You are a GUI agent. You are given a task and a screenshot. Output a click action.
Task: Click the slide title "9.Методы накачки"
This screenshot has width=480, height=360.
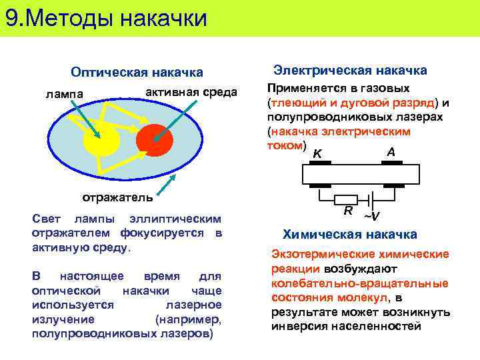coord(107,18)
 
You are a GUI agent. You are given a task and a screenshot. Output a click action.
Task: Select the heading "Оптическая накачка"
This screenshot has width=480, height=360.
coord(137,72)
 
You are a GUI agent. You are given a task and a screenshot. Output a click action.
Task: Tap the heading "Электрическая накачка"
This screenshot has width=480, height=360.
coord(350,70)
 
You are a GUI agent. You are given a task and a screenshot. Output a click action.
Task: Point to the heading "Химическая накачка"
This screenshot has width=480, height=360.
coord(350,234)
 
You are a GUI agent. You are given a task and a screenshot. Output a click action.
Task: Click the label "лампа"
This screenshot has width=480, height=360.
coord(65,93)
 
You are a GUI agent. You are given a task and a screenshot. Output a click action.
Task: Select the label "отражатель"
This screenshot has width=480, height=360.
coord(117,197)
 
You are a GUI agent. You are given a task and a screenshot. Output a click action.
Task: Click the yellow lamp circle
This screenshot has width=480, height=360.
coord(101,139)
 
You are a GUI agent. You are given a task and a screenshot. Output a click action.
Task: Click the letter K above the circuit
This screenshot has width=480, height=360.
coord(318,155)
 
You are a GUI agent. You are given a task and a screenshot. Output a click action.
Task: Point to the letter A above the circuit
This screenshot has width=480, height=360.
coord(391,152)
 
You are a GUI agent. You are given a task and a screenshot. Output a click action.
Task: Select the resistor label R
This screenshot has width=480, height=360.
coord(348,211)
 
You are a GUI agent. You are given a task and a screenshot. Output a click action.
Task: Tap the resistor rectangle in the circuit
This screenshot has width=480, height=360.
coord(347,199)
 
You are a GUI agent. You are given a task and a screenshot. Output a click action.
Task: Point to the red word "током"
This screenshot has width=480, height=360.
coord(285,145)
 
